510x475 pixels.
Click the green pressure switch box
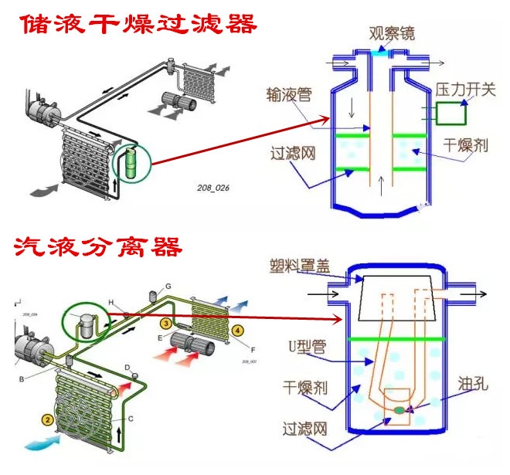(451, 114)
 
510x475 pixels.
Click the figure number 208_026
(213, 187)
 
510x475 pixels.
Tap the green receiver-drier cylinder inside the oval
(131, 164)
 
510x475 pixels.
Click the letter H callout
(111, 302)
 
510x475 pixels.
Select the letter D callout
(127, 366)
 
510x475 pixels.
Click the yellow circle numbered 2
(48, 420)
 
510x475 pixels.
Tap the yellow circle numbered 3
(165, 322)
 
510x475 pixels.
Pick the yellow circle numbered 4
(238, 331)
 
